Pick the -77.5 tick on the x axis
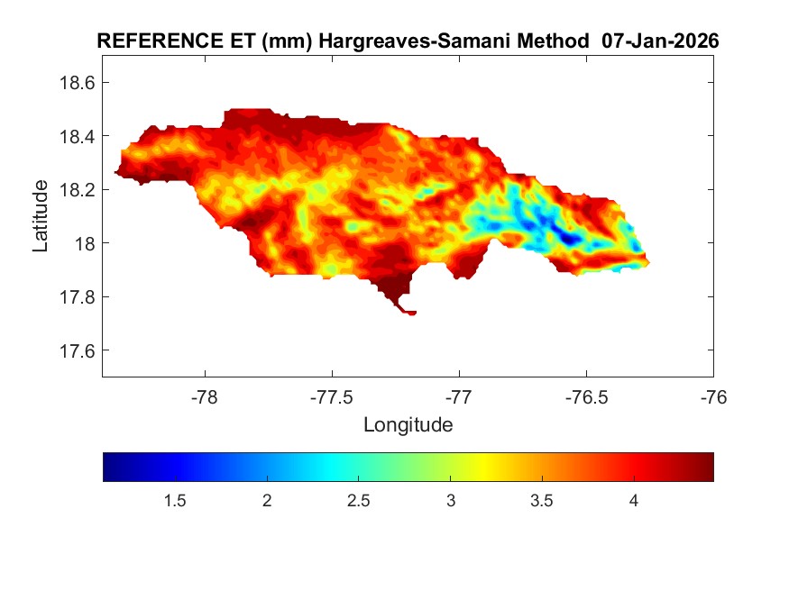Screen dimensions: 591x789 [x=333, y=397]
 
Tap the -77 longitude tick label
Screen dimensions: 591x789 [x=460, y=397]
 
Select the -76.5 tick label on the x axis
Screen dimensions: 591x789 [x=587, y=397]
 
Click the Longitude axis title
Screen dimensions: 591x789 [x=408, y=424]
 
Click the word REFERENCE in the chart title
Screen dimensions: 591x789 [x=154, y=41]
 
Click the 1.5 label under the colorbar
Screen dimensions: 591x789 [x=174, y=501]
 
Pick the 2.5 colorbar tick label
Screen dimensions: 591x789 [x=358, y=501]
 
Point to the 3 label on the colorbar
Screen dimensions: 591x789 [x=450, y=501]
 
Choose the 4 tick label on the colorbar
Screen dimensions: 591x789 [x=634, y=501]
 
